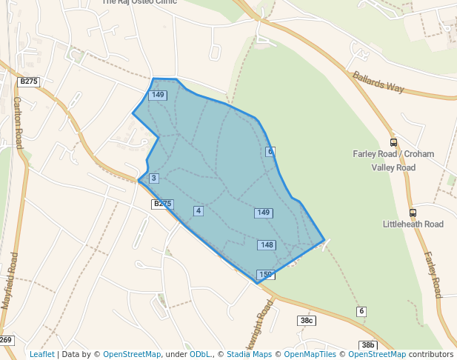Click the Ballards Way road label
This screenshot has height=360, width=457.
pos(378,81)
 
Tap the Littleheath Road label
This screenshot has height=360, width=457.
pos(413,224)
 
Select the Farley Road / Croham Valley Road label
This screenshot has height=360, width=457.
pos(393,161)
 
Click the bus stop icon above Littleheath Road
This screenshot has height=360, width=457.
pos(413,212)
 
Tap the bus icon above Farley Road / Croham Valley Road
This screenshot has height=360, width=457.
pos(393,143)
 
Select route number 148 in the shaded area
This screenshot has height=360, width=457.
pos(267,245)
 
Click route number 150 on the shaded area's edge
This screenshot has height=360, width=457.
pos(266,275)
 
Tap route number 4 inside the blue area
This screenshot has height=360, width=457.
pos(198,211)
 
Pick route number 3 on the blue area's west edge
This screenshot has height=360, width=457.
pos(153,179)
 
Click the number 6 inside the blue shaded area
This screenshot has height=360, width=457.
pos(270,152)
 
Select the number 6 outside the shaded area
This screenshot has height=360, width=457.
pos(361,310)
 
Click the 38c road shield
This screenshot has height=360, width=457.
pos(307,320)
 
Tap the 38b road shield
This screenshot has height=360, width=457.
pos(368,345)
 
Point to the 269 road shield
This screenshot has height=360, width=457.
pos(6,340)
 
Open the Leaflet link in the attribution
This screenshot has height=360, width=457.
pos(41,355)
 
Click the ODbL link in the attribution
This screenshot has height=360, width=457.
pos(200,355)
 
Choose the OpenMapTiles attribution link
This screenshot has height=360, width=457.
pos(310,355)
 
